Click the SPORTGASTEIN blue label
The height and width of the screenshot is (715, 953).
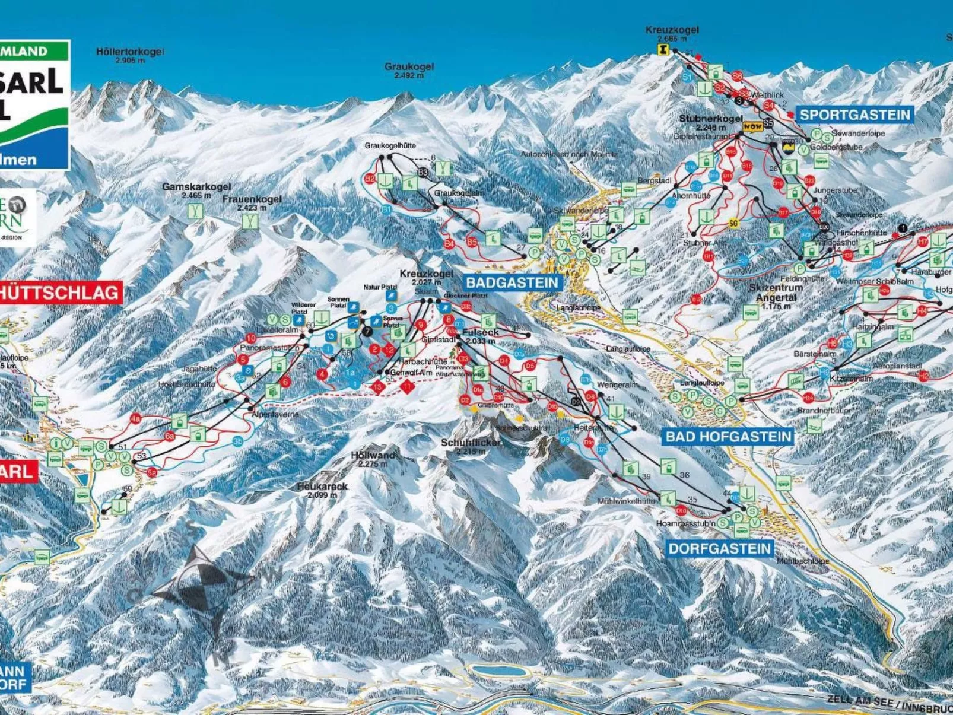[x=854, y=115]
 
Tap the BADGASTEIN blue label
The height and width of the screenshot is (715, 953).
[x=512, y=282]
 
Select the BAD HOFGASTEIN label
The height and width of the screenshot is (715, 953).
[x=728, y=437]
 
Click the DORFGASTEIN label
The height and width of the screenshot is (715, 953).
[x=720, y=548]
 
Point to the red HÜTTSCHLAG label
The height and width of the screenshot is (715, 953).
[x=59, y=293]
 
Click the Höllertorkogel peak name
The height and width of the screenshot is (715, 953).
[x=130, y=52]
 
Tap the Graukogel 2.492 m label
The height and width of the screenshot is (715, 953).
[x=409, y=70]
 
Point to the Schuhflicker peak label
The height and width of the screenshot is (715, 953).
[x=471, y=443]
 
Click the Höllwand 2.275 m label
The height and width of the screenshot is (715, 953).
[x=373, y=458]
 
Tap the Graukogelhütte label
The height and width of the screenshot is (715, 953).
[x=390, y=145]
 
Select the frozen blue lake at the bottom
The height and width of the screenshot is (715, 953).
[x=497, y=670]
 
